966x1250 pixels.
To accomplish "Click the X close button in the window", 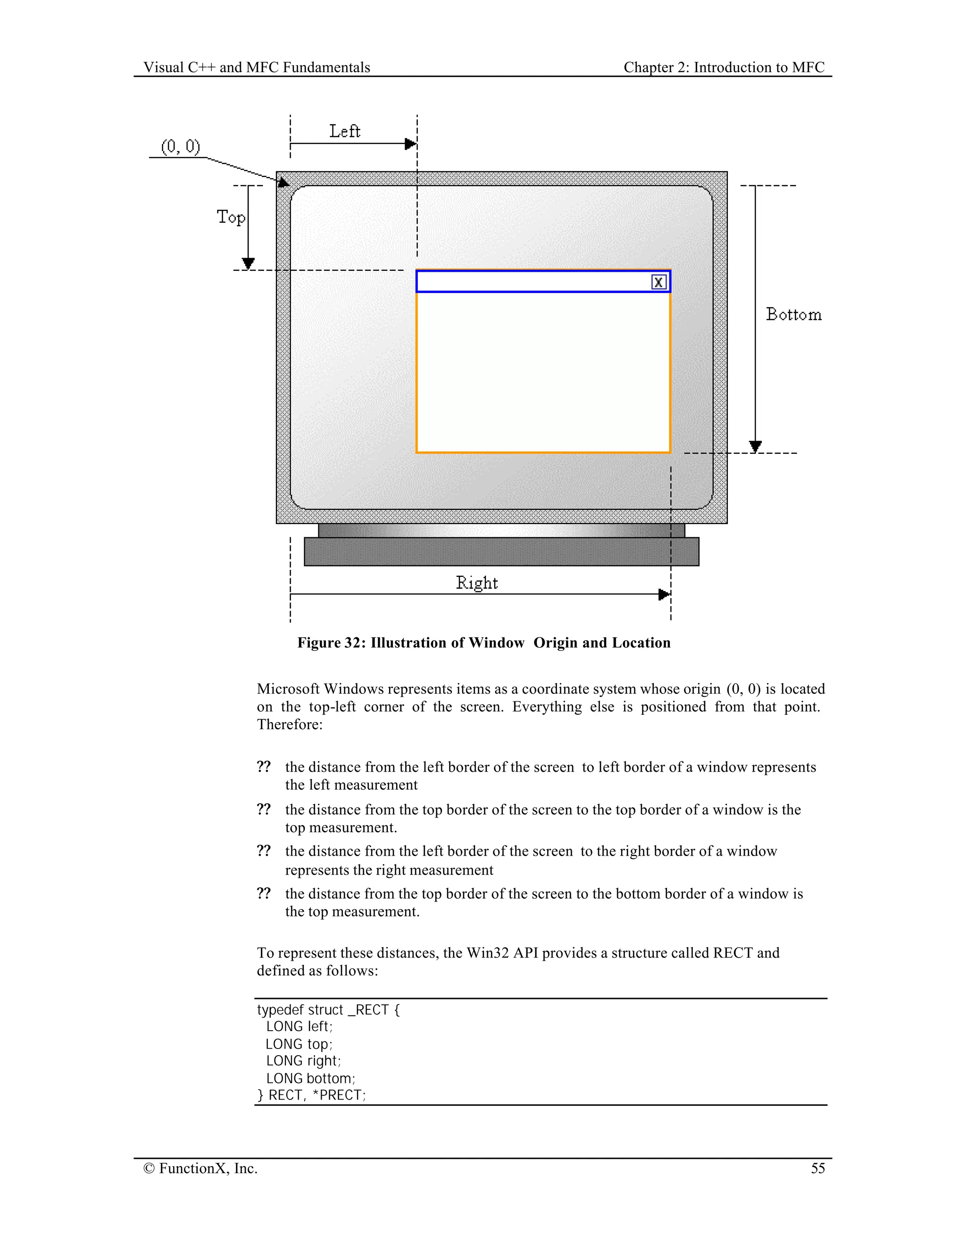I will point(658,282).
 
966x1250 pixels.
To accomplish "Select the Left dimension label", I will point(344,132).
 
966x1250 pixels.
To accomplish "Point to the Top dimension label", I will point(231,217).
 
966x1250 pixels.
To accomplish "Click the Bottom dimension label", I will point(794,315).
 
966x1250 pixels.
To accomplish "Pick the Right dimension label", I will point(477,583).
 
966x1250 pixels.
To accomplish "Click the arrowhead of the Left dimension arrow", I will point(410,144).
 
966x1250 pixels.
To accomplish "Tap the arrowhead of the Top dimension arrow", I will point(248,263).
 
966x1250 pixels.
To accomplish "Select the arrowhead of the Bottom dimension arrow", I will point(756,446).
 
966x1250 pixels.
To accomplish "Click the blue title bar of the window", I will point(532,282).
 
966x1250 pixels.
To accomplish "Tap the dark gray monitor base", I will point(501,552).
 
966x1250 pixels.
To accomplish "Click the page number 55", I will point(818,1168).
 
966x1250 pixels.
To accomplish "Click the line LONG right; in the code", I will point(303,1060).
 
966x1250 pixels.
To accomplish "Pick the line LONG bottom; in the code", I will point(310,1078).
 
